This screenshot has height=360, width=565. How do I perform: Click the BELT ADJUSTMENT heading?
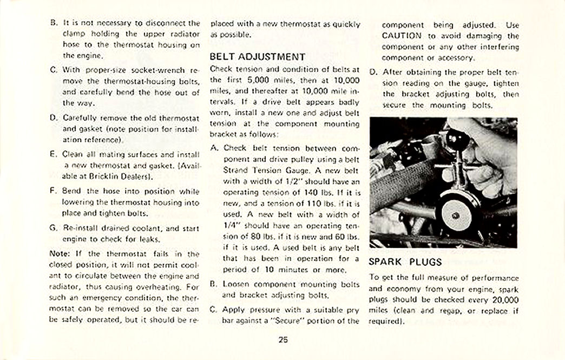(x=257, y=56)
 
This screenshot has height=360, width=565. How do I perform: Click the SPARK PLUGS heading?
(x=405, y=262)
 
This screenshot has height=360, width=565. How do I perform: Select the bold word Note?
(x=58, y=253)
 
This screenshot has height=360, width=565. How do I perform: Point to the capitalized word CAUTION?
(x=402, y=36)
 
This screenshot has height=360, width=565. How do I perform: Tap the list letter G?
(x=53, y=228)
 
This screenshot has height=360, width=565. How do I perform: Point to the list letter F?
(x=53, y=191)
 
